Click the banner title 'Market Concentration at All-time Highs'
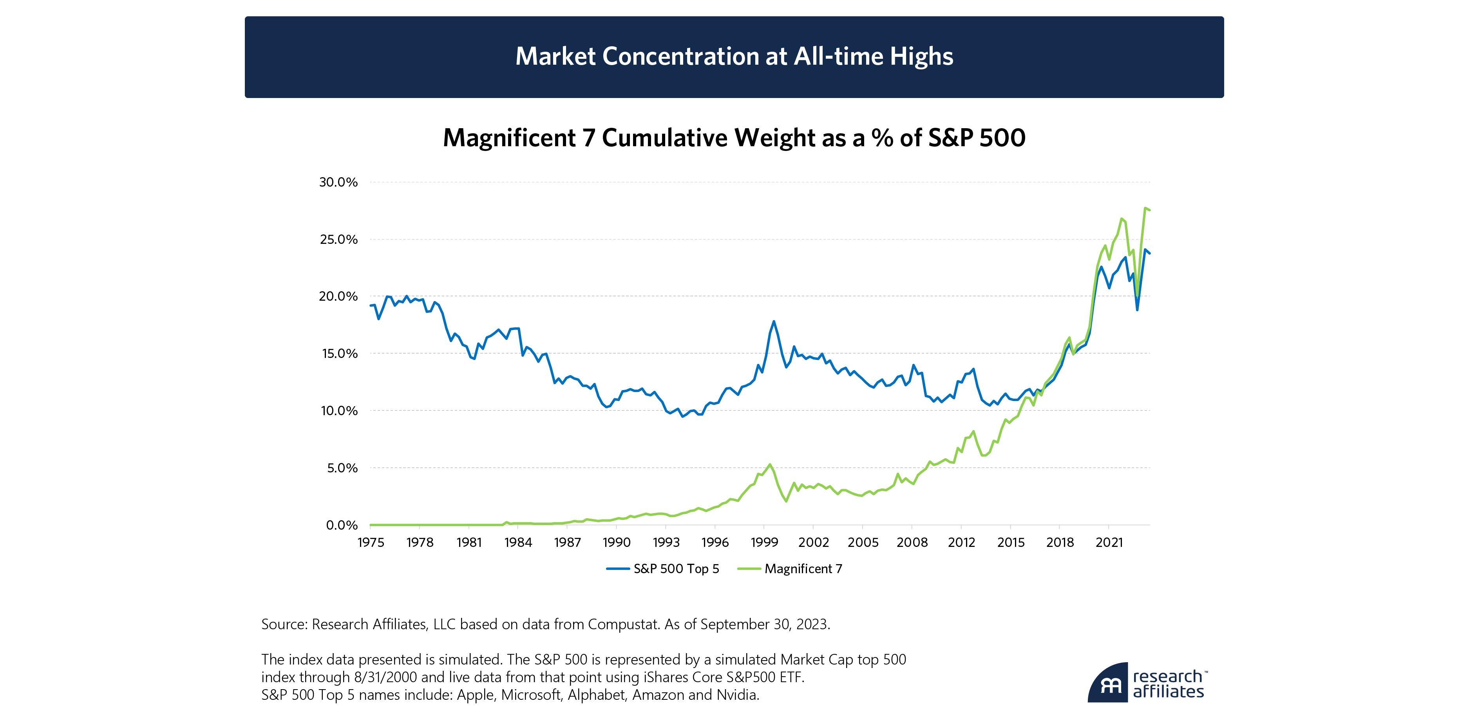pos(734,56)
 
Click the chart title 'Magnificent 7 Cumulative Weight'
pos(734,138)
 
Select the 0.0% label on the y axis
pos(342,525)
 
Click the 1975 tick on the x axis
pos(371,543)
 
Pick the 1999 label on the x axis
pos(764,543)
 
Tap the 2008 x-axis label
pos(912,543)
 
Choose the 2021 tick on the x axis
pos(1109,543)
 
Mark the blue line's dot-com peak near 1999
pos(774,321)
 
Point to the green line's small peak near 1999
pos(770,465)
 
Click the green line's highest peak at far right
pos(1145,208)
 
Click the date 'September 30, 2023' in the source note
pos(764,624)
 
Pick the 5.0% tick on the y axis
pos(342,468)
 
